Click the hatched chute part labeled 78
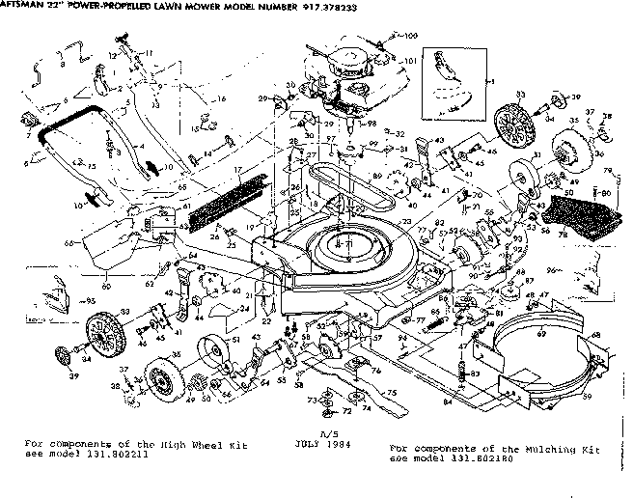click(579, 216)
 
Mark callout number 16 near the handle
click(220, 99)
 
